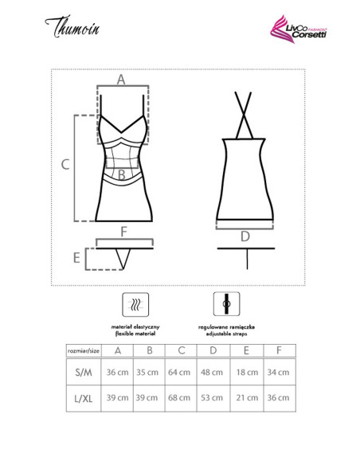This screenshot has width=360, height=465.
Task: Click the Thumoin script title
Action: [x=72, y=27]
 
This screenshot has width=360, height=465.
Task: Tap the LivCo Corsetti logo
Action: [x=298, y=29]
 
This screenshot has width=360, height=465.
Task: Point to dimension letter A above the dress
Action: [x=121, y=80]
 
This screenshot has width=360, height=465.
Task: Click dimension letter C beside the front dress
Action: [x=65, y=164]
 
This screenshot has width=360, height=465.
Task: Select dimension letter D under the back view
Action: [x=245, y=236]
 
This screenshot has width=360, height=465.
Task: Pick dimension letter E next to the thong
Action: [x=76, y=258]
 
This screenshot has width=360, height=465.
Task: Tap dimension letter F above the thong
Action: [x=124, y=232]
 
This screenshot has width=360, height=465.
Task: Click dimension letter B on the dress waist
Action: [x=122, y=175]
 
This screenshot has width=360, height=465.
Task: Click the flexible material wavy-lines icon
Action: [x=135, y=305]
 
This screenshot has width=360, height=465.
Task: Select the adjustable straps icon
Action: [x=226, y=304]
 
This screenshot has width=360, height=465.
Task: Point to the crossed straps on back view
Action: [x=244, y=115]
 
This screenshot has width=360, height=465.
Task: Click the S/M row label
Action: [x=84, y=372]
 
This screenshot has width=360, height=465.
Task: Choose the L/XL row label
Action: [x=84, y=398]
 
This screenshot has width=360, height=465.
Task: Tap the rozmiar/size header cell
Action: [x=84, y=351]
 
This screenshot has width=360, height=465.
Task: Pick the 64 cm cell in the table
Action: [x=179, y=372]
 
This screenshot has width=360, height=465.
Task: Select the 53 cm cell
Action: [x=212, y=397]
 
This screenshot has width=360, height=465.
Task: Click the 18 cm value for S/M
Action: [x=247, y=372]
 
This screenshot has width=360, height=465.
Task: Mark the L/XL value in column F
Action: [x=278, y=397]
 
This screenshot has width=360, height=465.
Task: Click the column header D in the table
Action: [x=213, y=350]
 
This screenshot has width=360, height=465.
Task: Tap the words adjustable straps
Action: [x=226, y=334]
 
